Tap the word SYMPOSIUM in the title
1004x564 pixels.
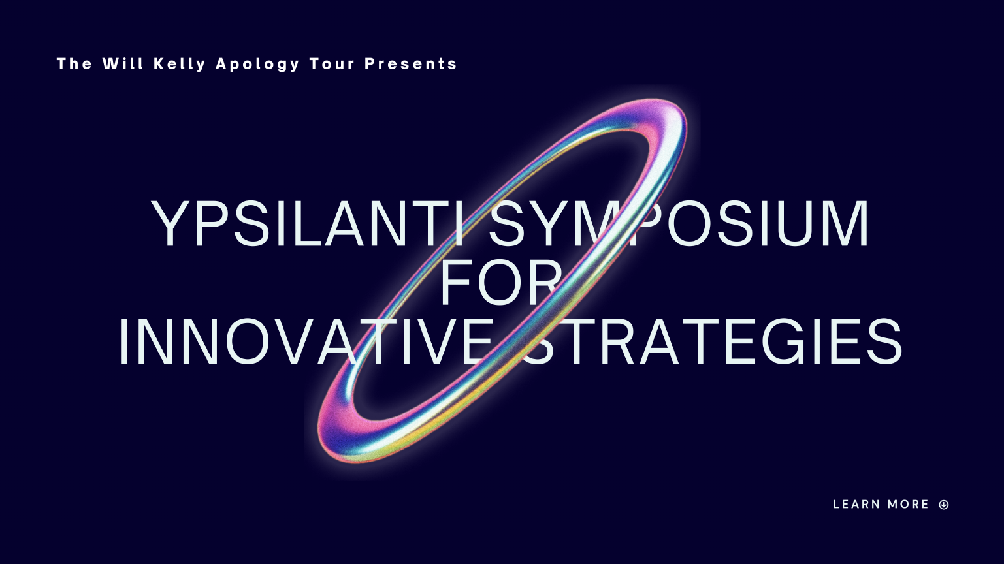[x=679, y=223]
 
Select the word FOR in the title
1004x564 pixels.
[x=501, y=282]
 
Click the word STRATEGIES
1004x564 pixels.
[x=713, y=341]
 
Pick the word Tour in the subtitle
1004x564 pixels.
[x=332, y=63]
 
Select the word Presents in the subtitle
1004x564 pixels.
[x=411, y=63]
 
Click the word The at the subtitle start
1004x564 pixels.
[x=74, y=63]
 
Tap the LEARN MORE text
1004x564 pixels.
[x=881, y=504]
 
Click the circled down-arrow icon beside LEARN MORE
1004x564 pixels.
[x=944, y=505]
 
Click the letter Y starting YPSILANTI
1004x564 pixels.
[x=170, y=223]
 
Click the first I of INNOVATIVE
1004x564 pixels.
[x=123, y=341]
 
